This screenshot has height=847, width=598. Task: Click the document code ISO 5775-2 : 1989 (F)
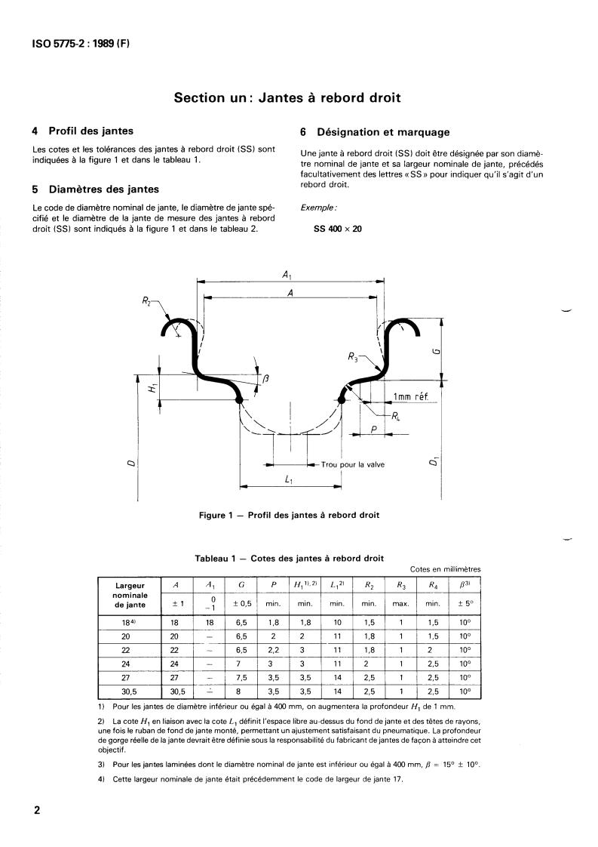(x=81, y=44)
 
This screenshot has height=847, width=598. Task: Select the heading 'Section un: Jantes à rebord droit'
(x=287, y=97)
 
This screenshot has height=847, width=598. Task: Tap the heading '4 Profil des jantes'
(x=83, y=131)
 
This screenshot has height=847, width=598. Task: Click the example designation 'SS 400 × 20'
(x=337, y=229)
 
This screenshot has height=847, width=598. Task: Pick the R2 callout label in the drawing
(x=146, y=301)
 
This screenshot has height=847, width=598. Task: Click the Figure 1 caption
(x=289, y=516)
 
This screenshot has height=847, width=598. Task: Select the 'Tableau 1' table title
(x=289, y=558)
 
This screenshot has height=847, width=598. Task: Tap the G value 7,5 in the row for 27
(x=241, y=678)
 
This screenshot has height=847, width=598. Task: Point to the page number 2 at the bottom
(x=37, y=811)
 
